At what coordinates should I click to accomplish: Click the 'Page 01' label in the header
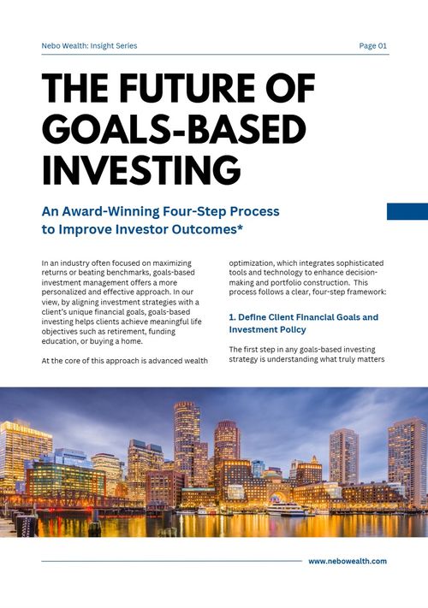pos(373,46)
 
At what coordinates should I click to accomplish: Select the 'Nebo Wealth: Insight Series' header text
pos(89,46)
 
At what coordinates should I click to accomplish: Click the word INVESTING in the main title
pos(141,169)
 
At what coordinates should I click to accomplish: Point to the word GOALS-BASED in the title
pos(174,129)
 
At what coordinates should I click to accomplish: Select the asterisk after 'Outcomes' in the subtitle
pos(240,227)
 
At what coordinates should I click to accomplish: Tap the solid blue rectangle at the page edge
pos(407,211)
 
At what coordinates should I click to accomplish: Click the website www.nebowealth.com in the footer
pos(348,561)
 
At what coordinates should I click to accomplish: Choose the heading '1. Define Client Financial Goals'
pos(303,317)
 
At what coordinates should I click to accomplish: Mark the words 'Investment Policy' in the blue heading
pos(267,329)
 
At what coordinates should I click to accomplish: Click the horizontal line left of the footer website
pos(171,561)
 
